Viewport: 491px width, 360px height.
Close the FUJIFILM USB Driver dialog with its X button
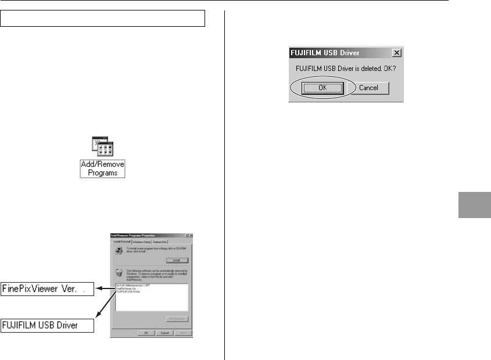(397, 53)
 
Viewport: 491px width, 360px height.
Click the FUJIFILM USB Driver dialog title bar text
(326, 53)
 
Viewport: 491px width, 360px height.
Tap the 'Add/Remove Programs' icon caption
(103, 169)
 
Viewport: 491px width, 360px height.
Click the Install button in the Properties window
(176, 261)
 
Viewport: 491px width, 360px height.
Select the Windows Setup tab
(142, 241)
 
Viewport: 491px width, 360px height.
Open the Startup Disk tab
(160, 241)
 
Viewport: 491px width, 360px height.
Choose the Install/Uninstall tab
(121, 241)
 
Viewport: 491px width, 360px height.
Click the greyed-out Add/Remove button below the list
(177, 319)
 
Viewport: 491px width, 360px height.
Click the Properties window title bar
(145, 234)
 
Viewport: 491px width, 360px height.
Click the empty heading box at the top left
(103, 18)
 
